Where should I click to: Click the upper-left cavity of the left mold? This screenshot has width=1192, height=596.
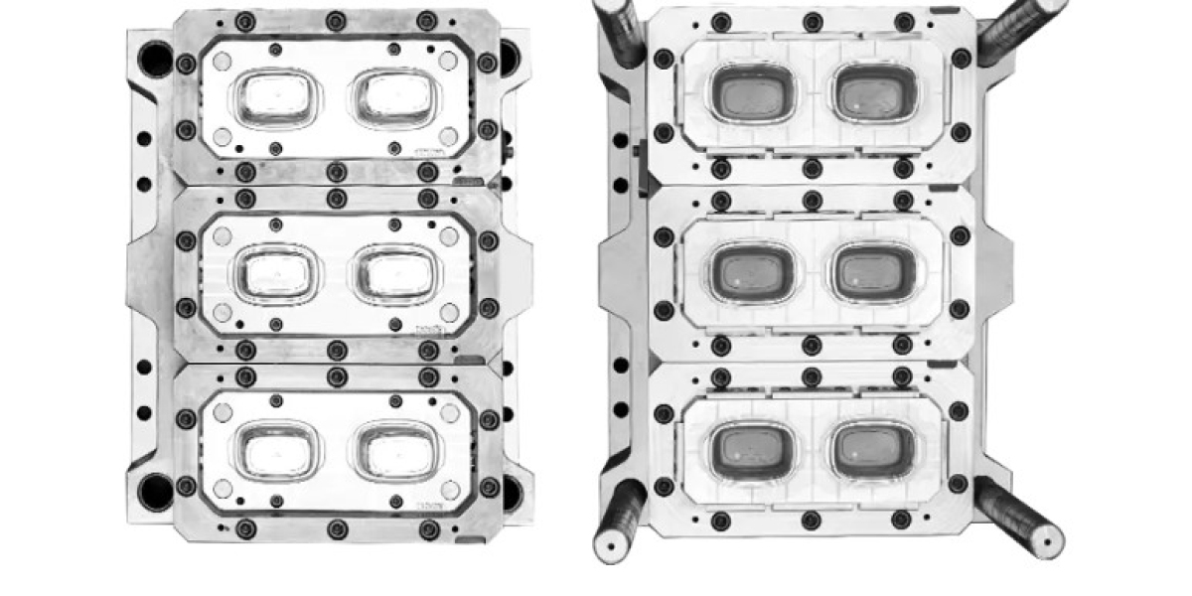277,96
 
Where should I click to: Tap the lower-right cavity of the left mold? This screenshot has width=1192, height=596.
391,449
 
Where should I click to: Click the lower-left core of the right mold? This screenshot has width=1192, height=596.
753,449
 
